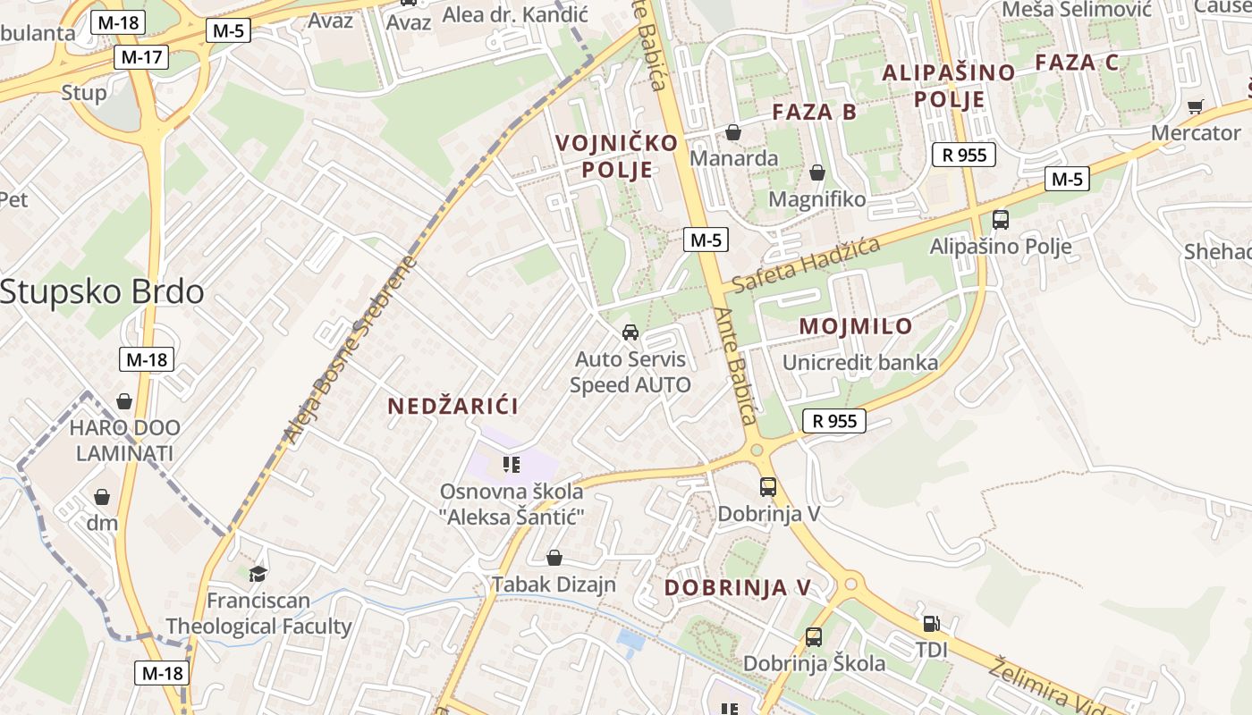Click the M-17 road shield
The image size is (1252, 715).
[x=142, y=58]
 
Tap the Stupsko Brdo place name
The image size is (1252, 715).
[x=102, y=292]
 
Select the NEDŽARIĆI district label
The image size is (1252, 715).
[x=453, y=407]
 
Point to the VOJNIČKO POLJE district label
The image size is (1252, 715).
[x=617, y=156]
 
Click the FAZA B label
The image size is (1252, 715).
[x=814, y=112]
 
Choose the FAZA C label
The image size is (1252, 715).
[x=1077, y=63]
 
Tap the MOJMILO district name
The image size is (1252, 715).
[x=856, y=326]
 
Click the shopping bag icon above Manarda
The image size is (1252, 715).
[x=733, y=132]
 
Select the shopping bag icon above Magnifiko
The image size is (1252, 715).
[x=816, y=172]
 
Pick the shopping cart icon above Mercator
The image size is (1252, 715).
[x=1195, y=106]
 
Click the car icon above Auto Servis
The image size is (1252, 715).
[x=630, y=332]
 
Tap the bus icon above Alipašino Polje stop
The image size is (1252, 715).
[x=1001, y=220]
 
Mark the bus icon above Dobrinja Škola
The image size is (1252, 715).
[x=814, y=637]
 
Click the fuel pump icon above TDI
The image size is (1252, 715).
[x=931, y=624]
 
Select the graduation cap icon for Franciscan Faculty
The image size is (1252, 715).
[x=258, y=574]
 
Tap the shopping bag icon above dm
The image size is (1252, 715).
[x=102, y=497]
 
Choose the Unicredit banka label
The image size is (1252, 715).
[x=860, y=362]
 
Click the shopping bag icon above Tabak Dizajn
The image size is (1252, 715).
[x=554, y=559]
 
